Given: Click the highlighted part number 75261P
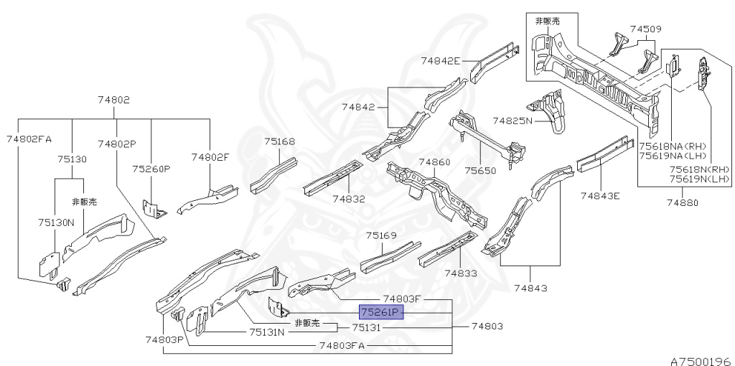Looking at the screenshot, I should [x=382, y=312].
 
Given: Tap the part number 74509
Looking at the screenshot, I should [x=645, y=29].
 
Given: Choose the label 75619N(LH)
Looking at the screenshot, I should [x=700, y=179].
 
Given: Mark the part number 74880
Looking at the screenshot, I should [x=681, y=203].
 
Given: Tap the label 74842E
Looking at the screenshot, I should [x=441, y=61].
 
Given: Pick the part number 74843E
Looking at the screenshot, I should [x=600, y=195].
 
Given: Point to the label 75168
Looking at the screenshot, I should [x=279, y=142].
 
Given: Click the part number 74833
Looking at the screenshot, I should [x=460, y=273].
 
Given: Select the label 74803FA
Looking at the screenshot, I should [x=342, y=345].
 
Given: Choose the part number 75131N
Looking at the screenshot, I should [x=267, y=332].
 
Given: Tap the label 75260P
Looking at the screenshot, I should [x=151, y=169].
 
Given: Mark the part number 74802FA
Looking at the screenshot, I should [x=29, y=139].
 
